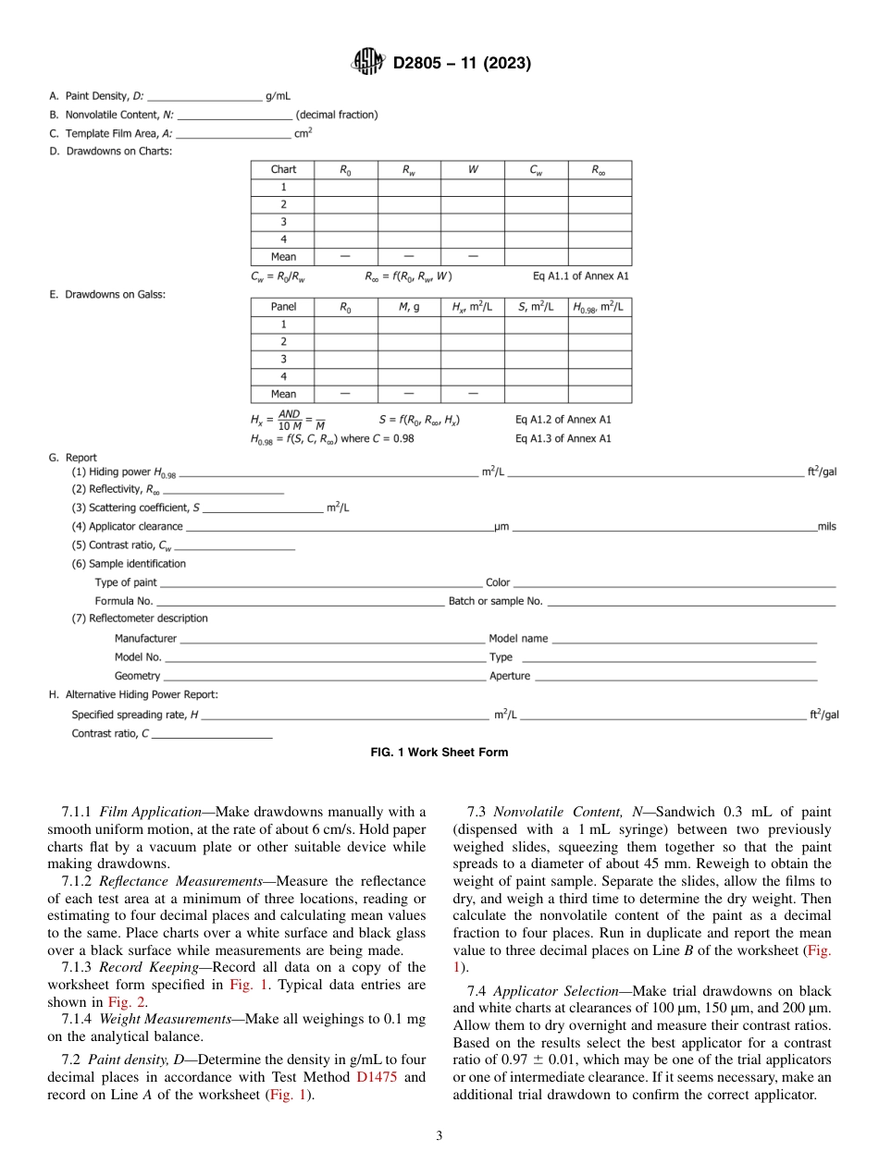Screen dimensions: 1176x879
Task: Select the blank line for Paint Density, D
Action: click(204, 96)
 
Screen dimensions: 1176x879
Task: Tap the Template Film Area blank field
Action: click(233, 133)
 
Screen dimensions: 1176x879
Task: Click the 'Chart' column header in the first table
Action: click(283, 170)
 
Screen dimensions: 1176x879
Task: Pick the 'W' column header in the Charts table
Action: click(472, 170)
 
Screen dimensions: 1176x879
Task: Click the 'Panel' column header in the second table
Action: click(283, 307)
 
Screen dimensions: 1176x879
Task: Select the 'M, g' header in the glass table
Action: click(408, 307)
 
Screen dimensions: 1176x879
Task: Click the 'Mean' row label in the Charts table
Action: click(283, 257)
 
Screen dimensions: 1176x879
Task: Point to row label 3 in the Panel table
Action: click(283, 359)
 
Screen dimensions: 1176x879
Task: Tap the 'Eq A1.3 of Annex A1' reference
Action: click(563, 439)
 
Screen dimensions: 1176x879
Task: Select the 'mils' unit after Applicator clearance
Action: click(826, 527)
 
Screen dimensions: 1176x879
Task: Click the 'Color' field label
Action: click(498, 582)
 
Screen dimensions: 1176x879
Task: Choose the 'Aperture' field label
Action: click(510, 676)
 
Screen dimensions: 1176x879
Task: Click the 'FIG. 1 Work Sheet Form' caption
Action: click(439, 753)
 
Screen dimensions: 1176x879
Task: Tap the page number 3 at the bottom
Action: click(439, 1136)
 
